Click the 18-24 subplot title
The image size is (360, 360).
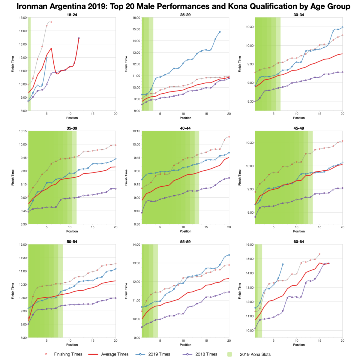tap(72, 15)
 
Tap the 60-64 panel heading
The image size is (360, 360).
tap(299, 241)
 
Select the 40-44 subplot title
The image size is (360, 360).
tap(185, 128)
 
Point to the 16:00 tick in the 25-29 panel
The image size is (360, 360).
tap(136, 18)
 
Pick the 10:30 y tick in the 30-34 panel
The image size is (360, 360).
tap(250, 27)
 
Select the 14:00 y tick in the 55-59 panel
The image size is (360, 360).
tap(136, 244)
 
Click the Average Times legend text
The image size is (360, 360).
tap(115, 354)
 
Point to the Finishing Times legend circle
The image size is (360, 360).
tap(46, 354)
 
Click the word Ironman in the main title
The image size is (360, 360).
tap(32, 6)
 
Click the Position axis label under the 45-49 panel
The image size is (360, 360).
tap(299, 231)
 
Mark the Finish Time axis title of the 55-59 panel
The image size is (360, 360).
tap(126, 291)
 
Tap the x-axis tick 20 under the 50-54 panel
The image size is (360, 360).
tap(115, 340)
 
